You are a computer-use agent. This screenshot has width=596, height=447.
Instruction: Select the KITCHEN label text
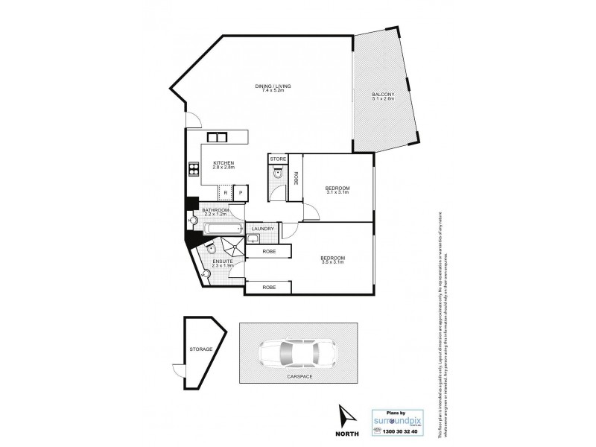(x=224, y=163)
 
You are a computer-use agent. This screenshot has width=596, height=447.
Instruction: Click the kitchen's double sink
(x=218, y=137)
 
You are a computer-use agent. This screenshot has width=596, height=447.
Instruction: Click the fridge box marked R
(x=225, y=193)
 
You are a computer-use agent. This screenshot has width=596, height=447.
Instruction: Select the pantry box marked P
(x=241, y=193)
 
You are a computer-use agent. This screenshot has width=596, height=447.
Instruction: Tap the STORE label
(x=278, y=159)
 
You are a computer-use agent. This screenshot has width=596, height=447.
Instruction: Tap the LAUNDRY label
(x=264, y=229)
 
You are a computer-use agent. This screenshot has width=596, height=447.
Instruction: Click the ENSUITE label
(x=223, y=261)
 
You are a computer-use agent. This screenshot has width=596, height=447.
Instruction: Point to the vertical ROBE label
(x=296, y=179)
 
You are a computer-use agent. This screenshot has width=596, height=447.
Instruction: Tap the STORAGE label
(x=201, y=349)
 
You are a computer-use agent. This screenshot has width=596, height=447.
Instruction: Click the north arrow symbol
(x=344, y=414)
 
